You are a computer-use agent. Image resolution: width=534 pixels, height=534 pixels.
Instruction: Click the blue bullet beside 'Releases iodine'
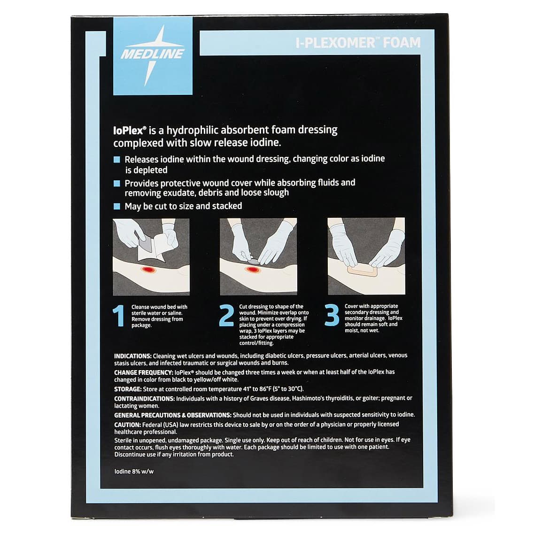[x=117, y=160]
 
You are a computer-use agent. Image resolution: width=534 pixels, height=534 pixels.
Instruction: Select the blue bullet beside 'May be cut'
[x=117, y=207]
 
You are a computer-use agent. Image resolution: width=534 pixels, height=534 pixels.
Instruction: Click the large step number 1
[x=120, y=316]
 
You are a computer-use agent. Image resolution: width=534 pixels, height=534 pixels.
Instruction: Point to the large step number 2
[x=227, y=316]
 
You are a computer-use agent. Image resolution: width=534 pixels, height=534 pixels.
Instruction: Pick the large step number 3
[x=332, y=316]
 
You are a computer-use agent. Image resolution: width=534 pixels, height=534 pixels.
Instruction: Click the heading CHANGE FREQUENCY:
[x=140, y=372]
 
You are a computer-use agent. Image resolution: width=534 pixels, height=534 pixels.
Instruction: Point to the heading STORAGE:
[x=128, y=389]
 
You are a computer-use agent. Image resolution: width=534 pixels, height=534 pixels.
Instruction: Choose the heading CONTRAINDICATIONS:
[x=145, y=398]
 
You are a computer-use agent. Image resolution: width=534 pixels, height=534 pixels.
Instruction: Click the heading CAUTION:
[x=127, y=424]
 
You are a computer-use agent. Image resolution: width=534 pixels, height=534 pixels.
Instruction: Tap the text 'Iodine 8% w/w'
[x=134, y=472]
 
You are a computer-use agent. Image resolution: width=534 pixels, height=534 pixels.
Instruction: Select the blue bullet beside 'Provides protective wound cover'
[x=117, y=183]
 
